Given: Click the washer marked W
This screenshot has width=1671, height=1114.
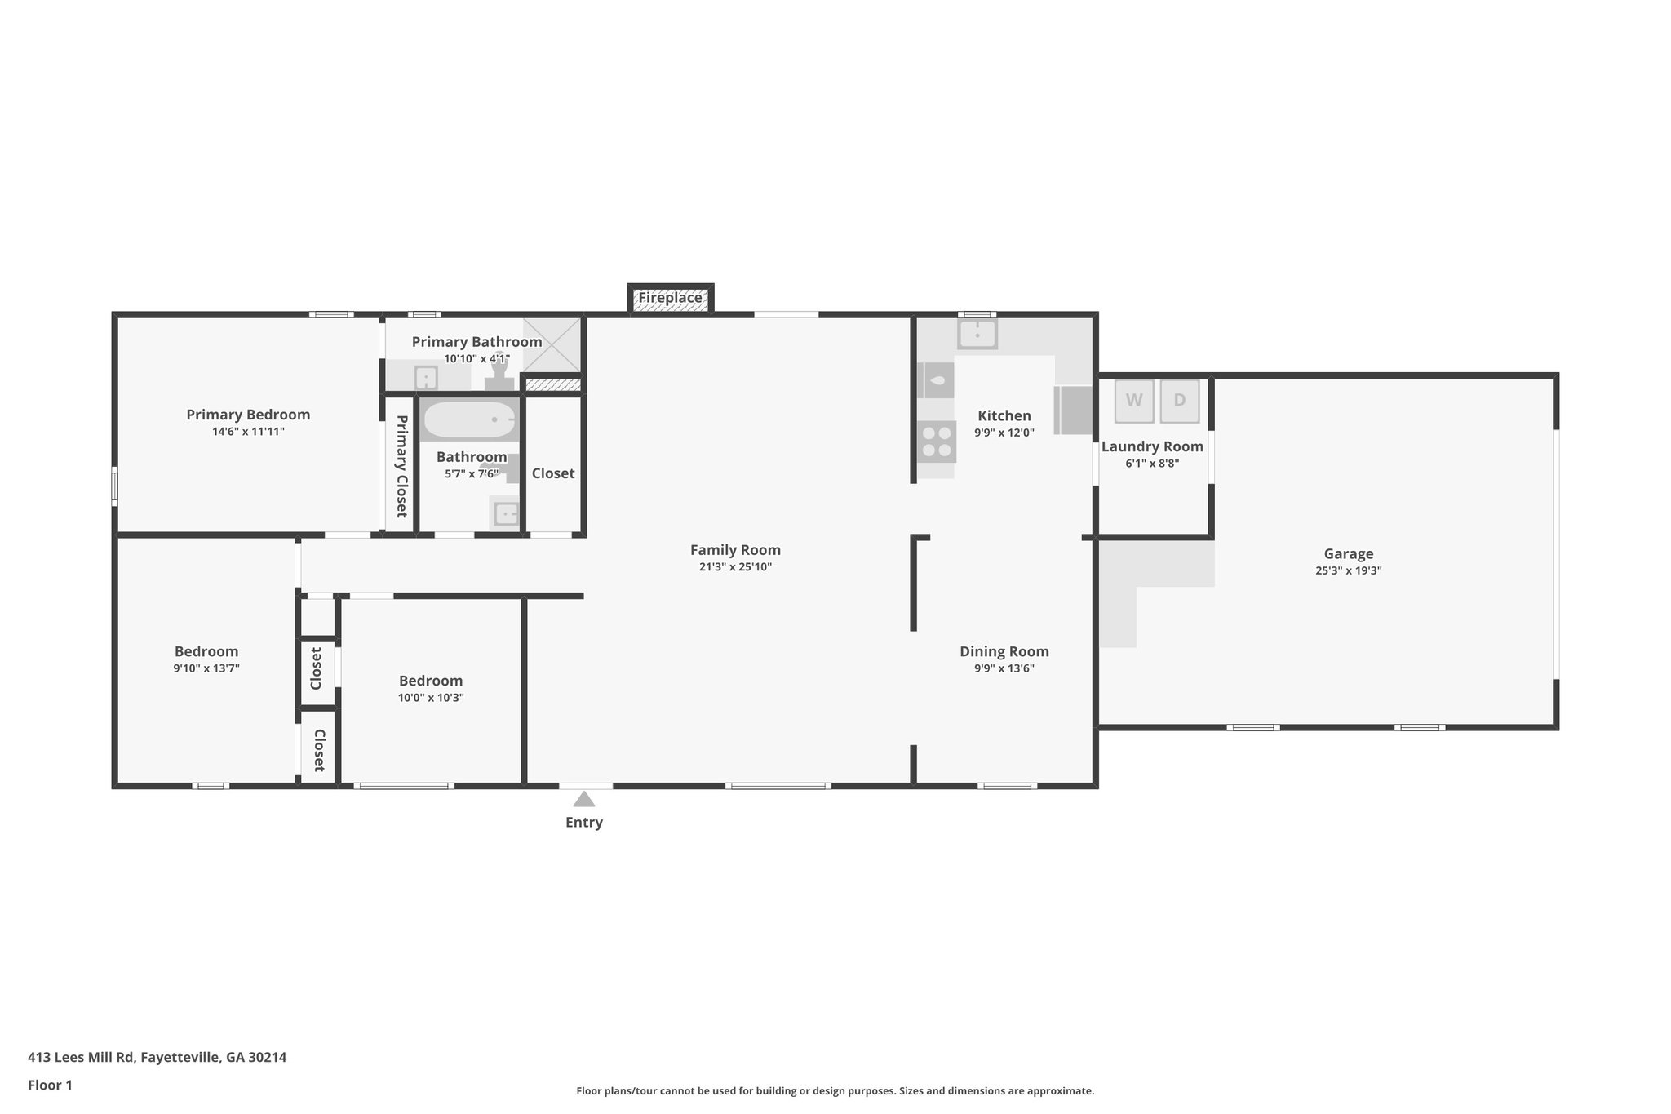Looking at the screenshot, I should [1134, 401].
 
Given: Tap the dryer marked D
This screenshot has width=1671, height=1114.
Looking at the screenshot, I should [1180, 401].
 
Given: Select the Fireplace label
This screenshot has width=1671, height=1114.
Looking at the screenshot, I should [670, 298].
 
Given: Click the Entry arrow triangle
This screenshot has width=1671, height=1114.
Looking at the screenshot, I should [584, 799].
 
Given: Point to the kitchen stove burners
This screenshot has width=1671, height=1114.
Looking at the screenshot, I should [936, 442].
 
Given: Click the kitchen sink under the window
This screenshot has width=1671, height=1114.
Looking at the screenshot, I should [977, 334].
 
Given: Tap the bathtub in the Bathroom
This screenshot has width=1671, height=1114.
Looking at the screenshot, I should [470, 419].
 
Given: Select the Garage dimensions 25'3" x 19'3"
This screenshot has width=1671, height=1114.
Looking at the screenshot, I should [1348, 571].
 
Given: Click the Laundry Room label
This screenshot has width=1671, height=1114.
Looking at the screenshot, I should [1152, 446].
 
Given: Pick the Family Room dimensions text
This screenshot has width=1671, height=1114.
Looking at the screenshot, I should [735, 567].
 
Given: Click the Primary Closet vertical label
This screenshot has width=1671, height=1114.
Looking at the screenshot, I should [401, 466].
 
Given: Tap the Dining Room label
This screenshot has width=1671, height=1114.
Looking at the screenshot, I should [1004, 651].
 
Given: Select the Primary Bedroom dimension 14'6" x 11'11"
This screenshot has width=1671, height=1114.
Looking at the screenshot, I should [248, 432].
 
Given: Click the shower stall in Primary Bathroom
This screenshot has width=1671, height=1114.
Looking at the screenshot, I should [552, 344].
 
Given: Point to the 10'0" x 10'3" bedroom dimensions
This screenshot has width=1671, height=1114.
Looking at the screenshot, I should [431, 698].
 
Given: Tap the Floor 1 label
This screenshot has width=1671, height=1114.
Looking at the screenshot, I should [50, 1085].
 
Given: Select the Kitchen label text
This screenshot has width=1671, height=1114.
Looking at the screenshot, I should [1004, 415].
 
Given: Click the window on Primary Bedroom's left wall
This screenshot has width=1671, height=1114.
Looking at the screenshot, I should [115, 486].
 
